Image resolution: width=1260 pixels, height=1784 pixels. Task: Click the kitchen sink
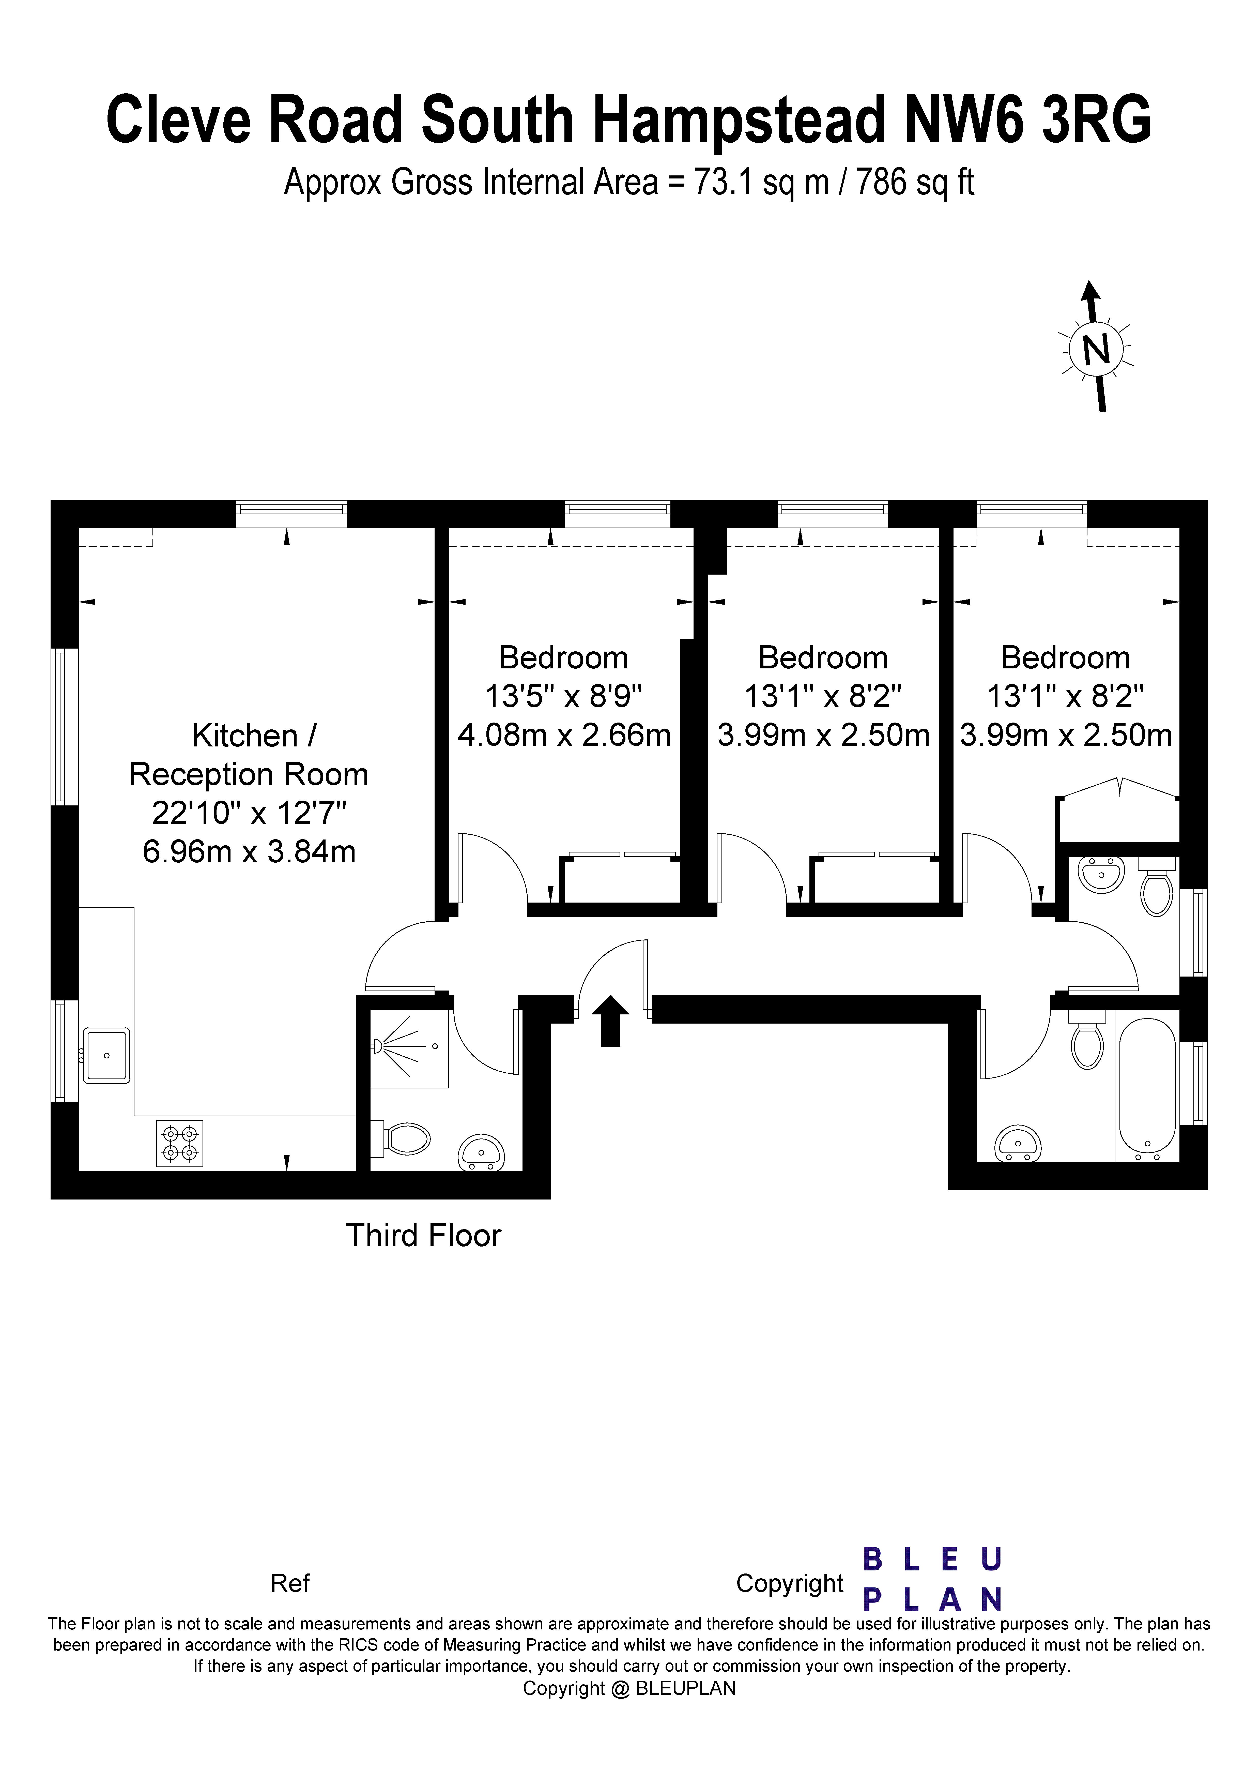point(106,1055)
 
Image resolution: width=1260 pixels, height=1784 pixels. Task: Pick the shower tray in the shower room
point(409,1048)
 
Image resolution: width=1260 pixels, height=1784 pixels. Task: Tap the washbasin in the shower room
point(482,1153)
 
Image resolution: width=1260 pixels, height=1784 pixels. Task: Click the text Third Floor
point(423,1236)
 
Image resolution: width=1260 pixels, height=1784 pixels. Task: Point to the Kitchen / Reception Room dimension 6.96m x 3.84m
point(249,852)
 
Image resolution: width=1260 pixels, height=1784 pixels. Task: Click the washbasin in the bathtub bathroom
point(1018,1143)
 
